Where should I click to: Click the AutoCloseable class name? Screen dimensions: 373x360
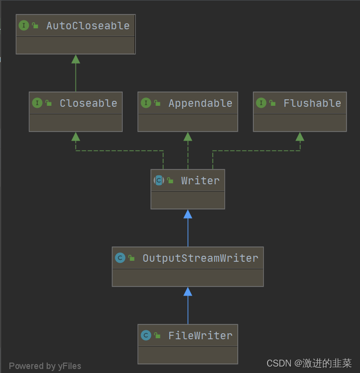88,26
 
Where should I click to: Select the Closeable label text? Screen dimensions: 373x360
88,103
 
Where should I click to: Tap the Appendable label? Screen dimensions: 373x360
200,103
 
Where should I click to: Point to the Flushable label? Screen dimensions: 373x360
312,103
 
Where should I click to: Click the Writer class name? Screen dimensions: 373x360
200,181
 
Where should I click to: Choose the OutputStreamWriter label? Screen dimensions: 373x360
200,258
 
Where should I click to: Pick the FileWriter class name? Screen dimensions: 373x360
200,336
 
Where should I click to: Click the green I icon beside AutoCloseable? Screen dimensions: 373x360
24,26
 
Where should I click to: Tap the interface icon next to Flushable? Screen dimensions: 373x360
261,103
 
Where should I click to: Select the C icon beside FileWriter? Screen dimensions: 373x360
145,336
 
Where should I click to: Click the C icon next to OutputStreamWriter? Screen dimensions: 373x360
120,258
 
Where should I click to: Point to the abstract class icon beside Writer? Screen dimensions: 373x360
158,181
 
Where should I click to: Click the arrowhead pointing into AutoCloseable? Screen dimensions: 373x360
75,59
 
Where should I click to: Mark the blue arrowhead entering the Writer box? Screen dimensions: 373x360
188,214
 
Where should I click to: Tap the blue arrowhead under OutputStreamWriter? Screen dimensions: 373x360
188,292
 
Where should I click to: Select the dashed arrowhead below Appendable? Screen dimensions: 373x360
188,137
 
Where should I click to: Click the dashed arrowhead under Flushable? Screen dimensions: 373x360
300,137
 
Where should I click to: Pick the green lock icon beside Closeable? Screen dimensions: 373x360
49,103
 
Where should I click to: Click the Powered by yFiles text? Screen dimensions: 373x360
45,366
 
